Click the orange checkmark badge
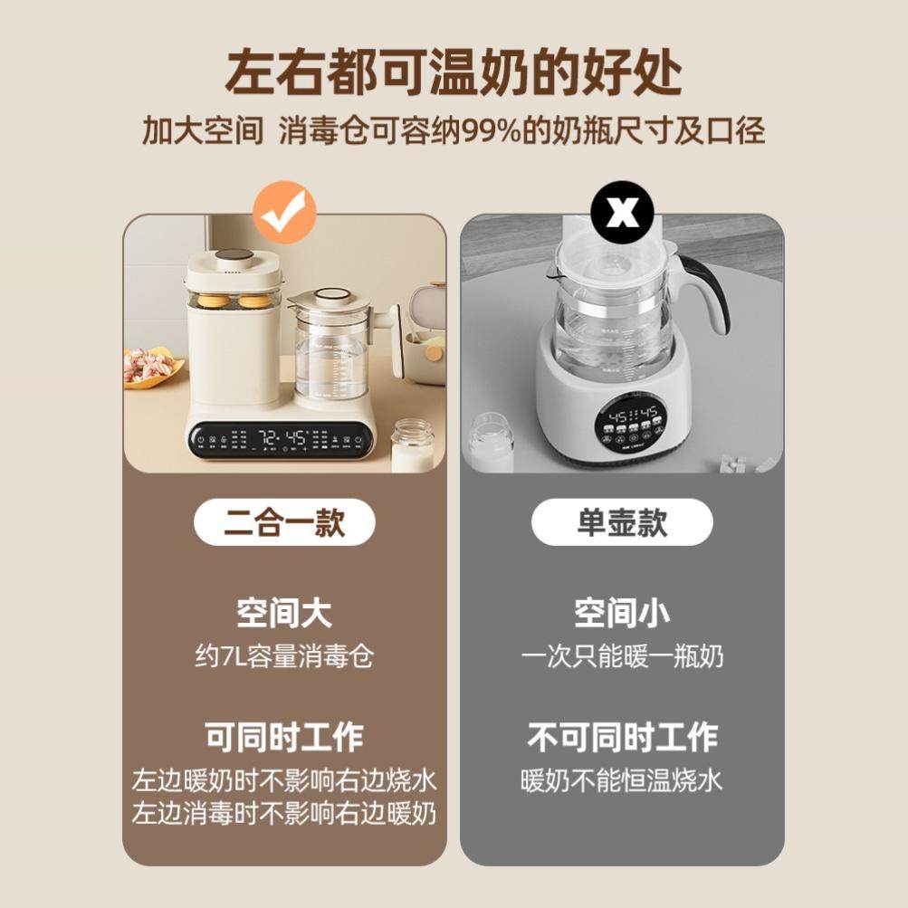284,213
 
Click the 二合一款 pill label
284,522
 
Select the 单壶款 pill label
622,522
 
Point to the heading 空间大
284,613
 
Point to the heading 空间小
622,613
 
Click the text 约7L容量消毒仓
284,655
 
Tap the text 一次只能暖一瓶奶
622,655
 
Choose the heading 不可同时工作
622,737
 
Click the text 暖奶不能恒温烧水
622,780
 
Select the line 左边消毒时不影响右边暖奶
284,813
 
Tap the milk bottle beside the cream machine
412,444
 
